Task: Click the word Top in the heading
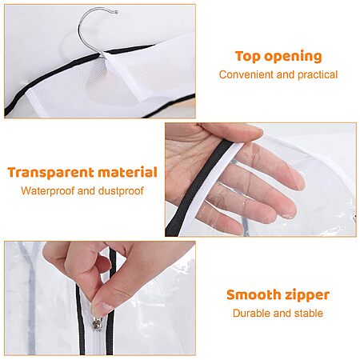click(248, 57)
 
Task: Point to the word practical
click(318, 75)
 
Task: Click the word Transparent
click(50, 173)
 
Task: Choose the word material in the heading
click(127, 172)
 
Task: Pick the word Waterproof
click(47, 191)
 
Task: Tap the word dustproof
click(121, 191)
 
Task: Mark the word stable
click(309, 313)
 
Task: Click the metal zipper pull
click(97, 324)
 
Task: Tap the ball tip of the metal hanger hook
click(116, 12)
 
